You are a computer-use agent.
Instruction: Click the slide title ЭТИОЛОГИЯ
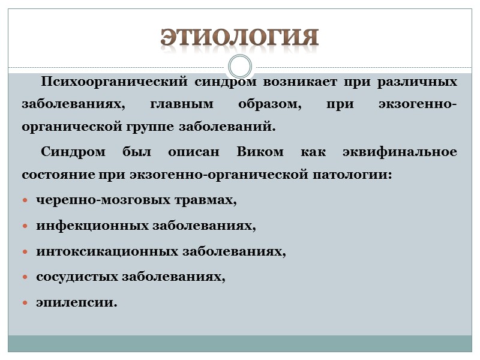[x=239, y=37]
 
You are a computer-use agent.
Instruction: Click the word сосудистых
[x=77, y=277]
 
